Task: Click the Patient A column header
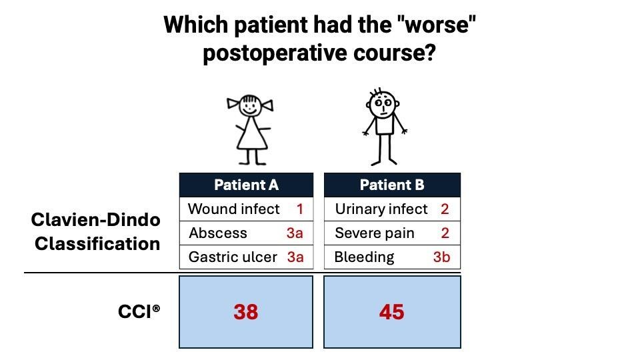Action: [246, 185]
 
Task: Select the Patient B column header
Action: [392, 185]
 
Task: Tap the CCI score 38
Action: [246, 312]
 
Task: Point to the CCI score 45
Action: [391, 312]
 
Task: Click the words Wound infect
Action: [234, 209]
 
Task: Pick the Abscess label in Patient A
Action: [218, 233]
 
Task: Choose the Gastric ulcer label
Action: [233, 257]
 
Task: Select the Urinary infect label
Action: [381, 209]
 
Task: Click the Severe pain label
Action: [375, 233]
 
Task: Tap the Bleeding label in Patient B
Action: [364, 257]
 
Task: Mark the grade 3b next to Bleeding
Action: [441, 257]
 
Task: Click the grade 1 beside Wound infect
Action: [300, 209]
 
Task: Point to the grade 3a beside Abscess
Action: [295, 233]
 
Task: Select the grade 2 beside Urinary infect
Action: [445, 209]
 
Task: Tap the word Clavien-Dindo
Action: [96, 220]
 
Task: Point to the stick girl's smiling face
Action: [250, 106]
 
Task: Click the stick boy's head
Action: [383, 104]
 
